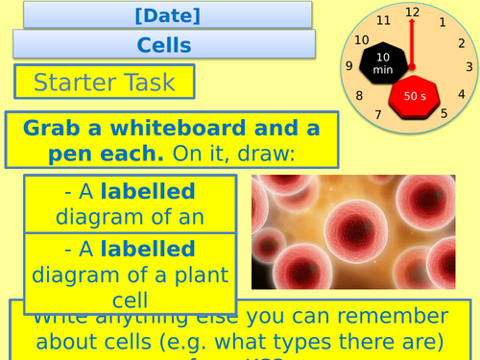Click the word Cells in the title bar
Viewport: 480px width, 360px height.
point(164,44)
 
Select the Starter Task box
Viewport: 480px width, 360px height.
point(105,83)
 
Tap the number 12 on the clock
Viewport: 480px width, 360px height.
point(413,12)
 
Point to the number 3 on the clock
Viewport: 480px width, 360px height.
point(469,67)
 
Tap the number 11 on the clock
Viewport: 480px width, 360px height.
point(385,20)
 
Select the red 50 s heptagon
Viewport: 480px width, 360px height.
point(415,95)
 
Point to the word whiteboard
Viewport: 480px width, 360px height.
point(187,129)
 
